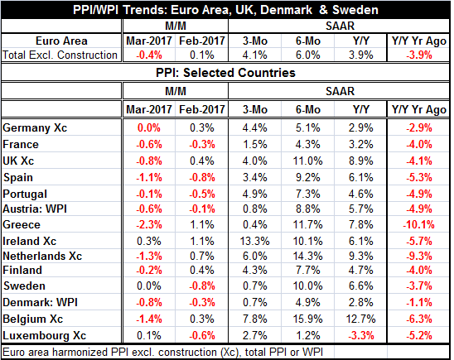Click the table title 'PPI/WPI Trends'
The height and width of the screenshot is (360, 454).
click(x=95, y=10)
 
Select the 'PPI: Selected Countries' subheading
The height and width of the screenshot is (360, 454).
click(x=225, y=73)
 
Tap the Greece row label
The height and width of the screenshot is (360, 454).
click(x=22, y=224)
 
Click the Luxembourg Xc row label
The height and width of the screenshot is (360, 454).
click(x=44, y=335)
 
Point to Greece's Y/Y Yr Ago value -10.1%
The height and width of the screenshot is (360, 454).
click(x=418, y=224)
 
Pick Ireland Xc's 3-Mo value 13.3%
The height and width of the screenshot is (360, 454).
click(x=255, y=241)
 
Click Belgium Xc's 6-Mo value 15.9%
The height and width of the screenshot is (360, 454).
click(x=308, y=319)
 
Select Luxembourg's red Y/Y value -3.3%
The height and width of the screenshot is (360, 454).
click(x=360, y=335)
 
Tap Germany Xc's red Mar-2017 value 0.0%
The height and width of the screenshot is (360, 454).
click(x=149, y=127)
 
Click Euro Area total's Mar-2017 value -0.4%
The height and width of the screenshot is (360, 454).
click(x=149, y=55)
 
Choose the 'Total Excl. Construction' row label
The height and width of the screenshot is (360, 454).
click(x=60, y=55)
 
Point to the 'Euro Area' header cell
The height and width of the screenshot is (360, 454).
click(x=61, y=41)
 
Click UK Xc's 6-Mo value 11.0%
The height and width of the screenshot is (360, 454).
click(x=308, y=161)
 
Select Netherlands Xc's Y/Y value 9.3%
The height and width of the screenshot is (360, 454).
click(x=360, y=256)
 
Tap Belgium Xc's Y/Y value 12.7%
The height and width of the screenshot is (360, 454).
click(x=360, y=319)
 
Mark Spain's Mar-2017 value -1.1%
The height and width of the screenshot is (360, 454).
click(x=149, y=177)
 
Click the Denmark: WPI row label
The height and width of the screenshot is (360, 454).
click(x=41, y=302)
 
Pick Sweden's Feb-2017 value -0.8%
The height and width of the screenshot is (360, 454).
click(x=202, y=286)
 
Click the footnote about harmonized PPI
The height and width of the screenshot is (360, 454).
click(x=162, y=353)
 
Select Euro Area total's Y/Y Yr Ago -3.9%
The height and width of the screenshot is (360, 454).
click(x=418, y=55)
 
